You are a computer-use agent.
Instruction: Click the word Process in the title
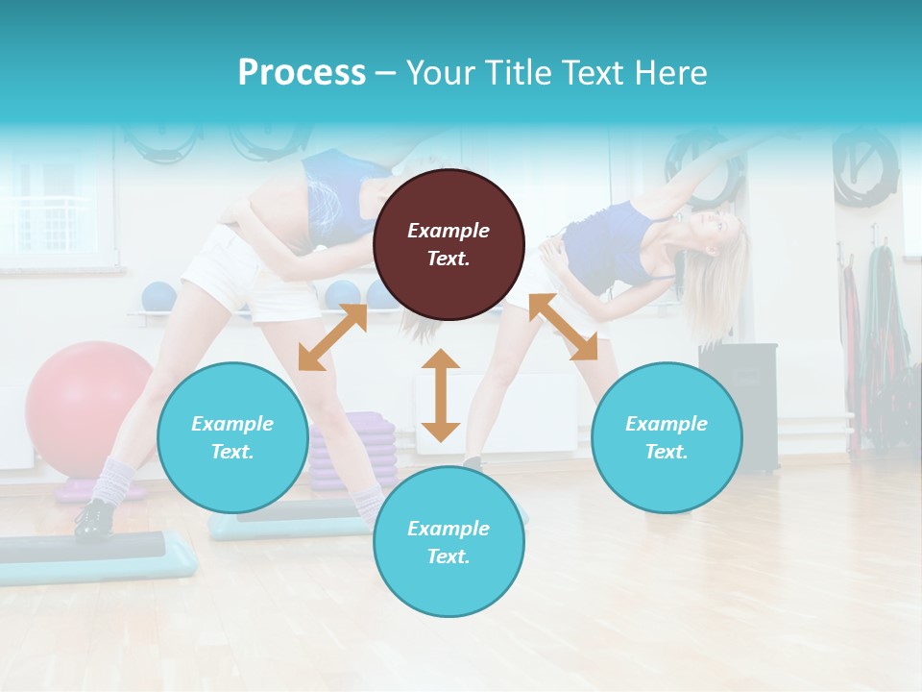[x=302, y=73]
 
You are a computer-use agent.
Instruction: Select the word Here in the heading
[x=669, y=73]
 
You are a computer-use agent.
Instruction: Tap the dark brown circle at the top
[x=449, y=244]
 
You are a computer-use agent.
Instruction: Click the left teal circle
[x=232, y=437]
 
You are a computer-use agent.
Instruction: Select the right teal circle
[x=667, y=437]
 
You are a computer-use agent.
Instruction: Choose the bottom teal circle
[x=449, y=542]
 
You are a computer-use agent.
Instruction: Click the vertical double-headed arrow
[x=441, y=395]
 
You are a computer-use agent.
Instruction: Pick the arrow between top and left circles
[x=332, y=336]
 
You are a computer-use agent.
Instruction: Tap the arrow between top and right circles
[x=563, y=327]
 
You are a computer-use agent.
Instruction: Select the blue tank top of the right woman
[x=605, y=250]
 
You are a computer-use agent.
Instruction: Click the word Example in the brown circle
[x=449, y=231]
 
